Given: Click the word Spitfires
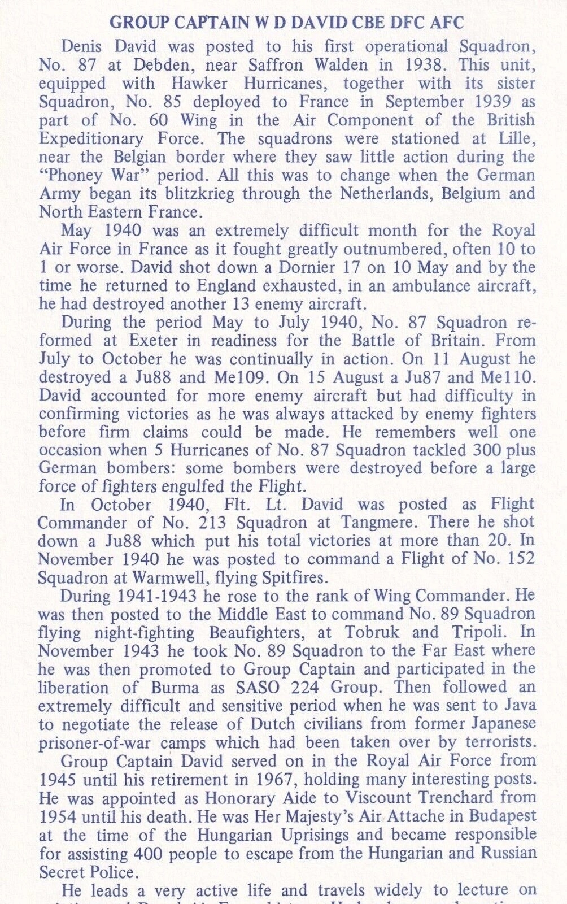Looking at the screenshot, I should tap(294, 578).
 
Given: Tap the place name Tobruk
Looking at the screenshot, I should tap(368, 632).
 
